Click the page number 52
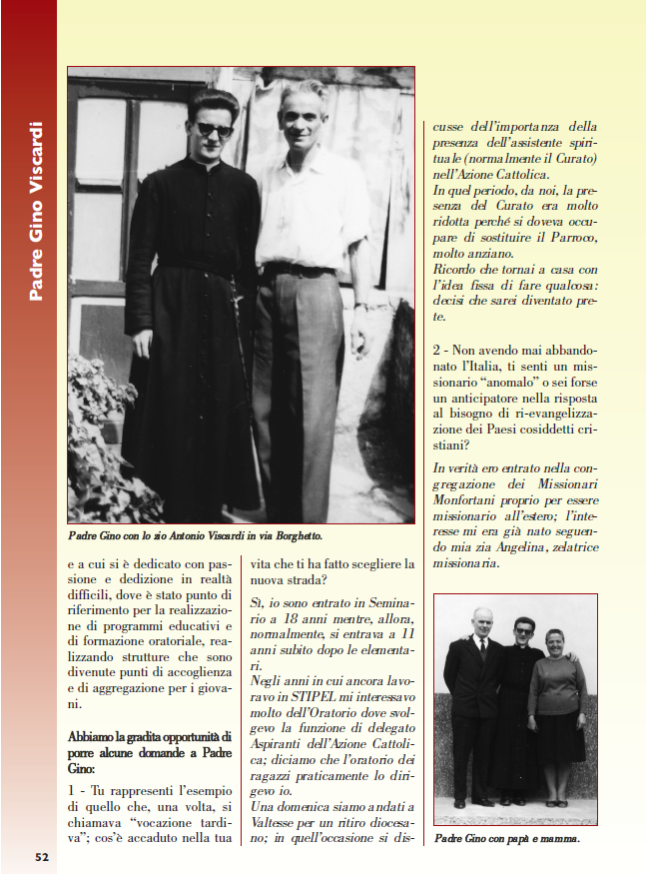point(42,856)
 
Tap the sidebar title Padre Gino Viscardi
point(36,211)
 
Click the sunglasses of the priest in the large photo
point(214,130)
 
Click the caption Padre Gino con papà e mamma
point(507,838)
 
